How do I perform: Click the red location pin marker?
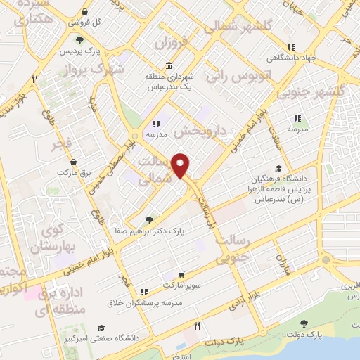(x=182, y=165)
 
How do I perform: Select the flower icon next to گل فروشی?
(x=85, y=12)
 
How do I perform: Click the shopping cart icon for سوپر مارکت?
(x=182, y=274)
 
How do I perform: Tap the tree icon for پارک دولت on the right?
(x=304, y=323)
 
